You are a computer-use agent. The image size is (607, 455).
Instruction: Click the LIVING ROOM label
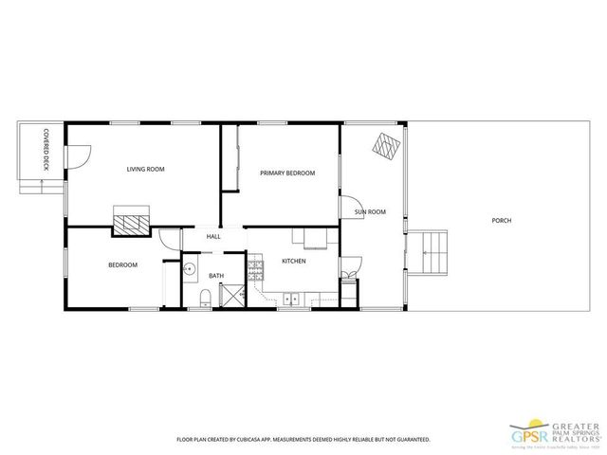[146, 170]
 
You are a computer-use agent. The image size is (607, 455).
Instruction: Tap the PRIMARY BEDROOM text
[287, 173]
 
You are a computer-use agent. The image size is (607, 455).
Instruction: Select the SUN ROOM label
[370, 211]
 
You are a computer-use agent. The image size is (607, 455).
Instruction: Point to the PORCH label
[501, 221]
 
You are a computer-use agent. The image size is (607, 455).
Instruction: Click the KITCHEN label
[293, 261]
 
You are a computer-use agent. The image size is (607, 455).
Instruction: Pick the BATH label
[216, 277]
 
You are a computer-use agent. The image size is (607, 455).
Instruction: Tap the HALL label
[213, 237]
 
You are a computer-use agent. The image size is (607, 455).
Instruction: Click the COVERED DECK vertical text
[45, 153]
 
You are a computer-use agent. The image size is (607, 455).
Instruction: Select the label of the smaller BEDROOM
[122, 265]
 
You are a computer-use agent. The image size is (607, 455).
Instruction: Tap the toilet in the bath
[205, 300]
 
